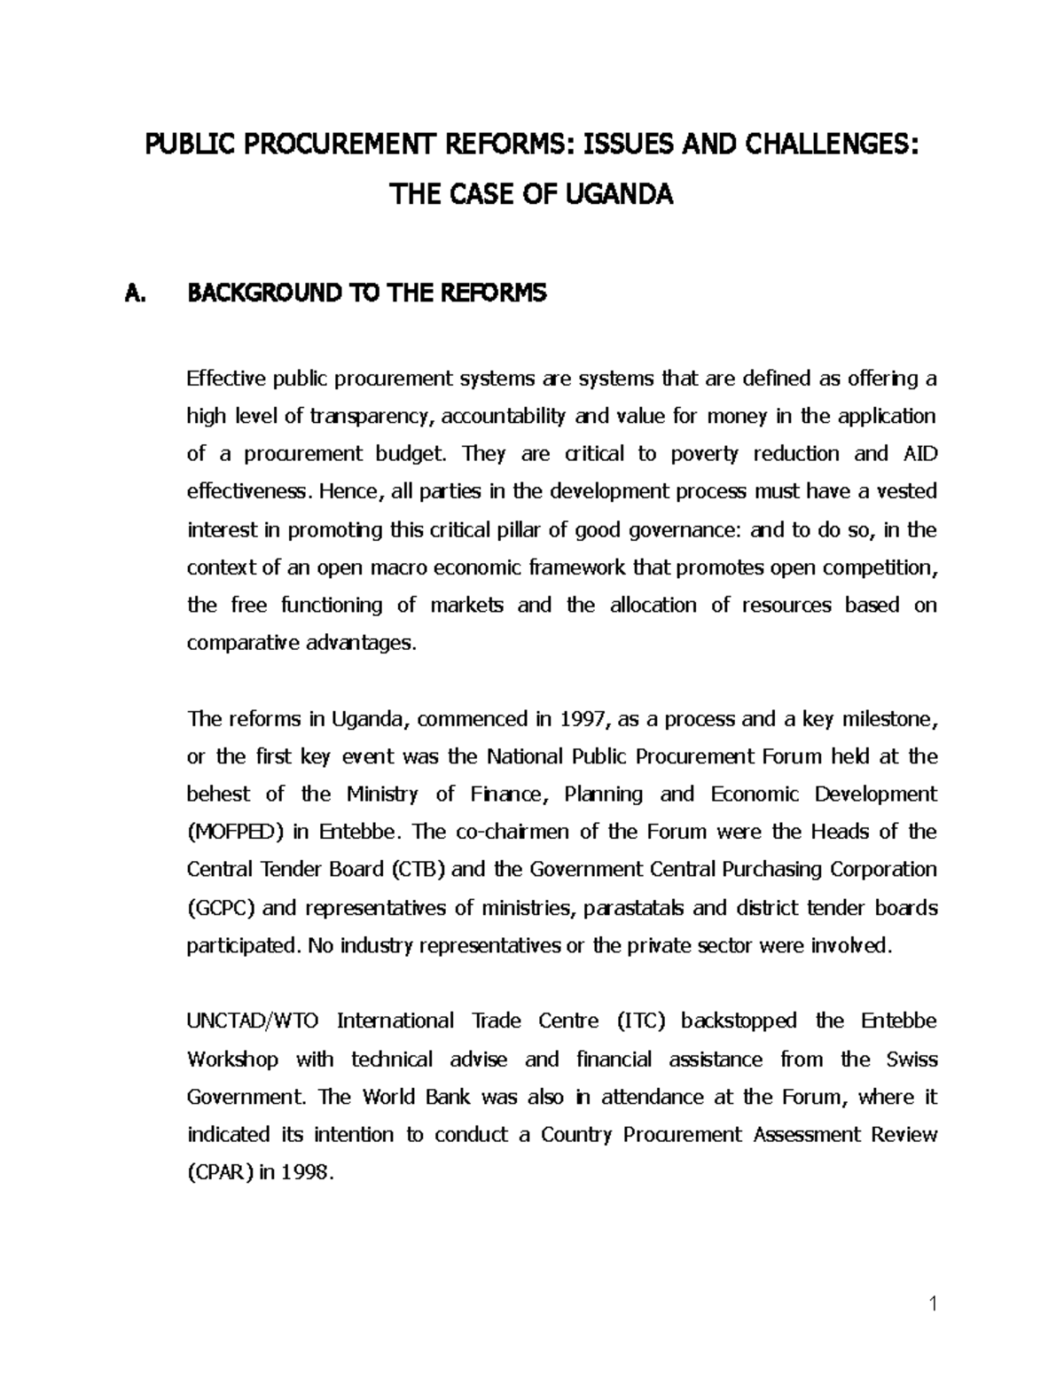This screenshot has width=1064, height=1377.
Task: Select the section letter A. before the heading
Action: click(x=138, y=293)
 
